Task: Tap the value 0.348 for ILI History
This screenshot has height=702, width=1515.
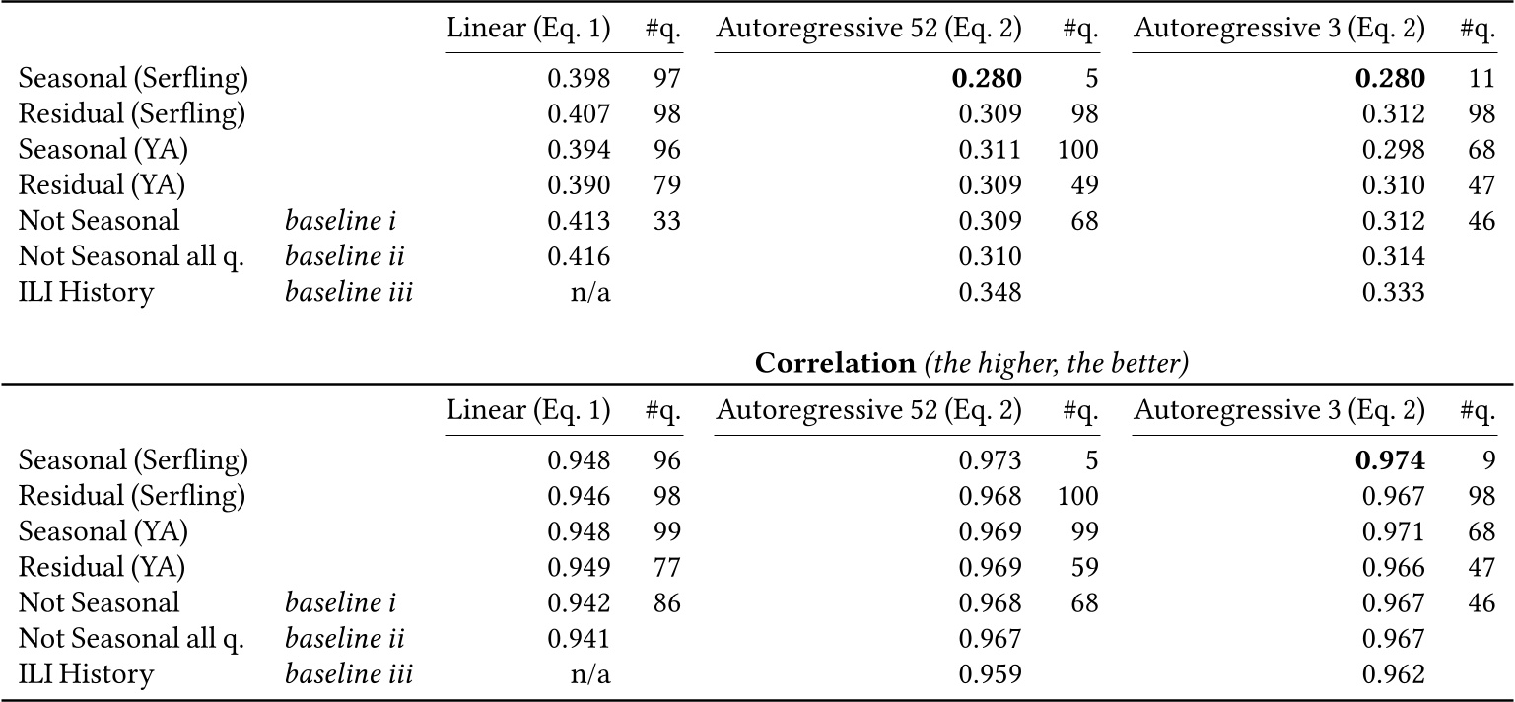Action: tap(991, 293)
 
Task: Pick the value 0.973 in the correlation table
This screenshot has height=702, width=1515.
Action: tap(991, 459)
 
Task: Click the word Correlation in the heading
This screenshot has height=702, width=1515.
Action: tap(835, 363)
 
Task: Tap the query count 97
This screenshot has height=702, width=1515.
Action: tap(667, 78)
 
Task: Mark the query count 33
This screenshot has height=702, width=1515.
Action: tap(667, 222)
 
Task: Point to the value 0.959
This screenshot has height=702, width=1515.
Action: tap(991, 674)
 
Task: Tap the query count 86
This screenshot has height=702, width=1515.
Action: tap(667, 602)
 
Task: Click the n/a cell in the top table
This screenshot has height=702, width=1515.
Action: tap(592, 293)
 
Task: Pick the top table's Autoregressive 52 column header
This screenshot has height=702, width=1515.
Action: tap(868, 30)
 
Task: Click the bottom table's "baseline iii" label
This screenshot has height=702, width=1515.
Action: tap(349, 674)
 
